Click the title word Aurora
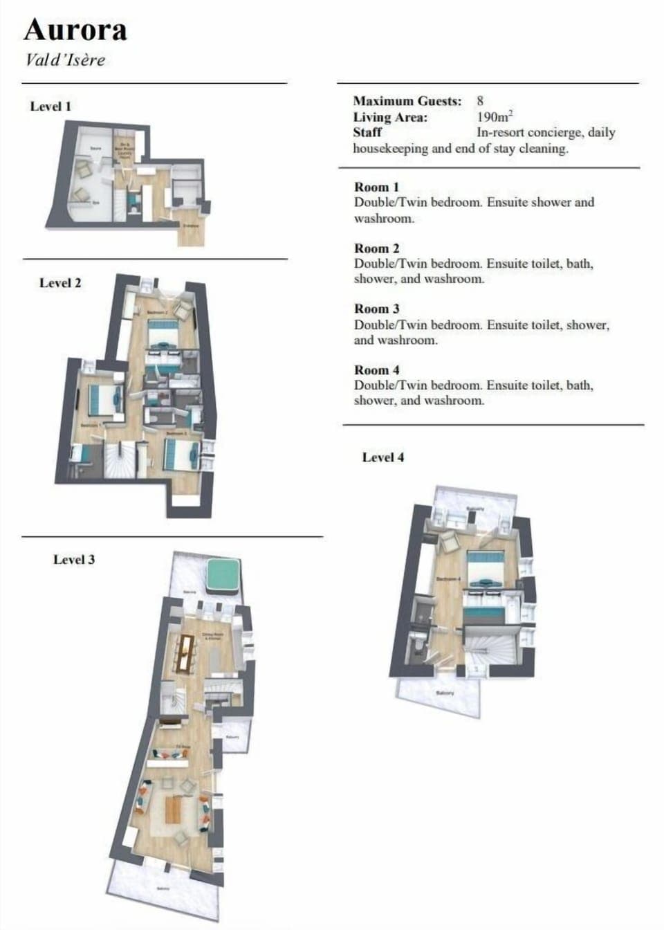pos(75,30)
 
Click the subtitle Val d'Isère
pos(65,60)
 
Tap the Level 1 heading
pos(50,107)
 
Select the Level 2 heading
pos(60,283)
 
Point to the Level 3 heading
pos(74,560)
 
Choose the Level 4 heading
pos(383,457)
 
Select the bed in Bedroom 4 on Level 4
pos(488,567)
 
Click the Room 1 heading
pos(376,188)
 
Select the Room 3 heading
pos(376,309)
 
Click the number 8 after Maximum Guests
pos(480,101)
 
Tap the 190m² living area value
pos(495,117)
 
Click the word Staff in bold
pos(367,132)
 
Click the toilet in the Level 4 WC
pos(419,648)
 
